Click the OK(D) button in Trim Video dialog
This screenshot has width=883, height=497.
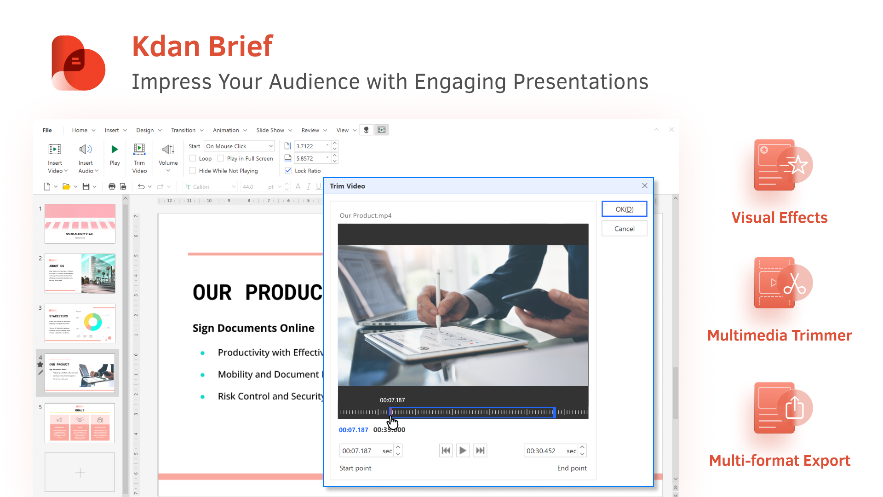(x=624, y=209)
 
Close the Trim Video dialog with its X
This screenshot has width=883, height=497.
(x=644, y=185)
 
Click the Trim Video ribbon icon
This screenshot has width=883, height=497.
(x=139, y=150)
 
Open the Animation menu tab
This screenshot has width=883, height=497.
(x=226, y=130)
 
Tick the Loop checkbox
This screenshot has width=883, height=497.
(x=193, y=158)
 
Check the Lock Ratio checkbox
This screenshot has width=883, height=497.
(x=288, y=171)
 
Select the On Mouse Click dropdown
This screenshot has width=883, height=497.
(x=239, y=146)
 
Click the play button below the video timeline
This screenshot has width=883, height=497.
(x=463, y=451)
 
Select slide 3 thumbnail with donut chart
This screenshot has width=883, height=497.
(x=80, y=323)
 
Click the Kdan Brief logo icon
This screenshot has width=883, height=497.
(x=79, y=63)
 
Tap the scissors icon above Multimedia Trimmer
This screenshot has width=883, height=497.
(x=794, y=283)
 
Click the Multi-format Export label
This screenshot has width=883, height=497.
(x=780, y=461)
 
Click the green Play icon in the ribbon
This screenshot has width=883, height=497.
(x=115, y=150)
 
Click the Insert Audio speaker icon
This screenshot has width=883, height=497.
(x=86, y=150)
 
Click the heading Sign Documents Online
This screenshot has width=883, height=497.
(x=253, y=328)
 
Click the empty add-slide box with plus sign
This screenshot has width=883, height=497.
(x=80, y=472)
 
